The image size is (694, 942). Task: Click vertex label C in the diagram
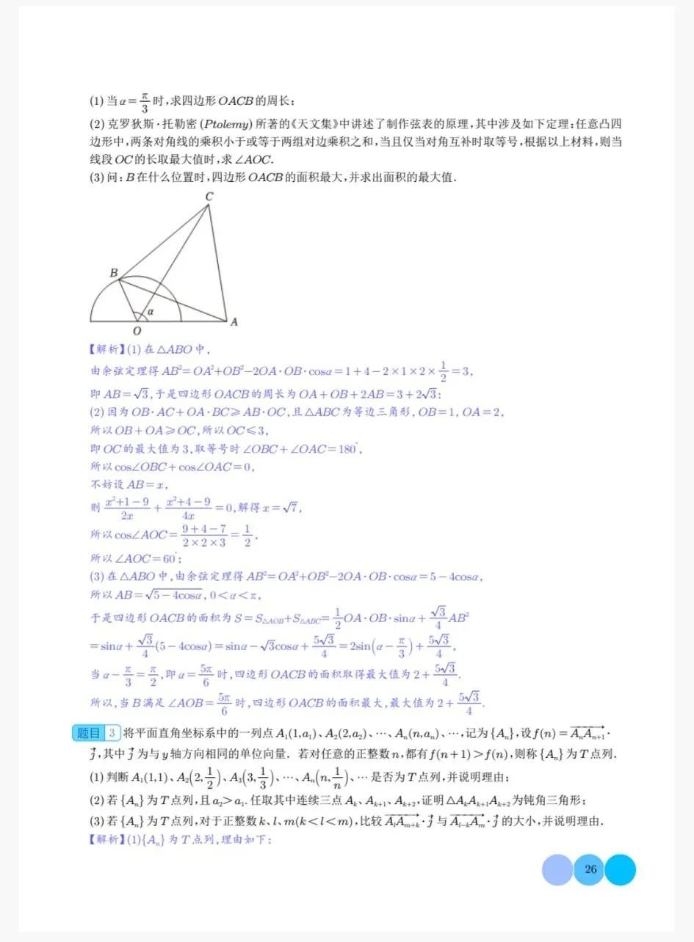coord(209,196)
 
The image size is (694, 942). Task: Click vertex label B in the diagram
coord(114,273)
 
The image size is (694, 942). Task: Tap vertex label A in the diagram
coord(234,321)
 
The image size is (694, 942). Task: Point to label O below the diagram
coord(137,331)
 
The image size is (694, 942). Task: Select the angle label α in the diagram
coord(151,312)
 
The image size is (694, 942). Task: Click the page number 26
coord(590,870)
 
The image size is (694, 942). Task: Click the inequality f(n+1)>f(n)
coord(480,753)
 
